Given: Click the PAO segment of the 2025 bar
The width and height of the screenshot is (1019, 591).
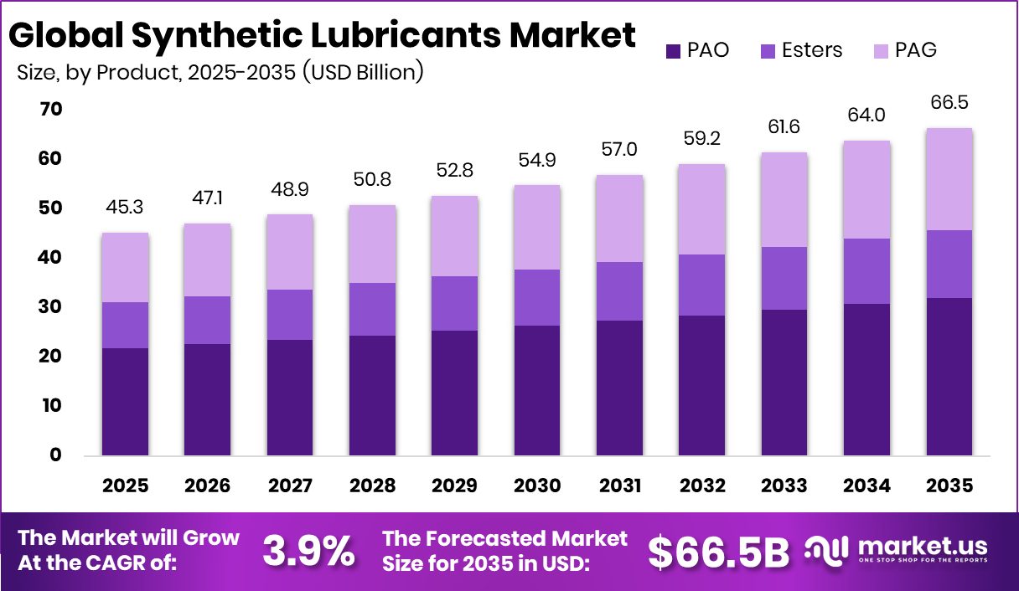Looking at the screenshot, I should click(x=125, y=402).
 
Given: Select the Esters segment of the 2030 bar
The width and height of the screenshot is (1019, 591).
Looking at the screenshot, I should click(x=536, y=297).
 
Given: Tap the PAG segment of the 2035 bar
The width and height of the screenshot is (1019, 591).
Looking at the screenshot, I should click(x=949, y=179).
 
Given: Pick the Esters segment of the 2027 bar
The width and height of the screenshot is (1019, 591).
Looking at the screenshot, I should click(x=289, y=314).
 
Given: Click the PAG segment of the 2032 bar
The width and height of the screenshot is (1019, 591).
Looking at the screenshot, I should click(x=701, y=209).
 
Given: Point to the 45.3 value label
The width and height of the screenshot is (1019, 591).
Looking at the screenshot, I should click(x=125, y=207).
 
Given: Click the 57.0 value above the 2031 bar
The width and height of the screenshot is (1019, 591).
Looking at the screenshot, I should click(x=619, y=149).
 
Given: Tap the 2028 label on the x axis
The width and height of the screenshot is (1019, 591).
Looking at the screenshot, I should click(x=372, y=486).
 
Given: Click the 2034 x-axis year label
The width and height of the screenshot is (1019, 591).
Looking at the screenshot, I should click(x=866, y=486).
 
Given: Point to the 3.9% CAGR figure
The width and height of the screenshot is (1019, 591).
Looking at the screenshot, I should click(x=309, y=551).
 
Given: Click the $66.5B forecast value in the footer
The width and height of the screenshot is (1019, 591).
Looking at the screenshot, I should click(x=719, y=551).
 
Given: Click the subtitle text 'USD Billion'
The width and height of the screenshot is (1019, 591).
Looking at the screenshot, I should click(x=362, y=72).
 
